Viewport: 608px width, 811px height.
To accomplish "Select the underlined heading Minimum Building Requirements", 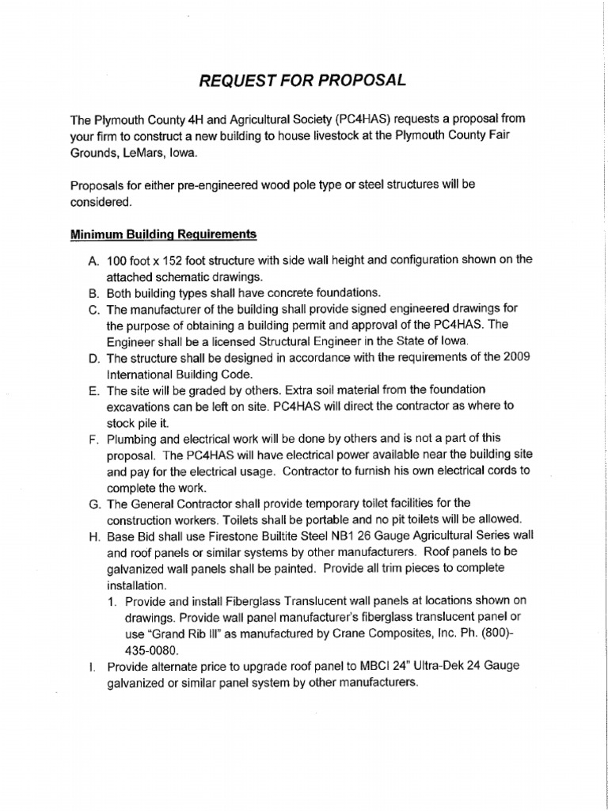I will point(163,234).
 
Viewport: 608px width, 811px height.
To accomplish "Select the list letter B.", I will point(93,293).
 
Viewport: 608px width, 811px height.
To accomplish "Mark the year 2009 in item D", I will point(516,358).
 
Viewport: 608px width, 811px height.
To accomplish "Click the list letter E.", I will point(93,390).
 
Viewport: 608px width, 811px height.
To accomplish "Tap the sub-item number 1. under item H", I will point(112,601).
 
